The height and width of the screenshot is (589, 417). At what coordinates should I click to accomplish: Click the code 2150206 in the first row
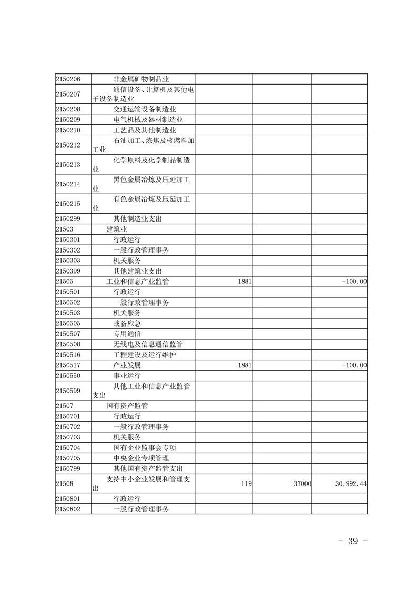coord(68,79)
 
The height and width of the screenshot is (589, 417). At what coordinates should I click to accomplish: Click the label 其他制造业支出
coord(137,219)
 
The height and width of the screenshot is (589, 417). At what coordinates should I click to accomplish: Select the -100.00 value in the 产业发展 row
coord(354,365)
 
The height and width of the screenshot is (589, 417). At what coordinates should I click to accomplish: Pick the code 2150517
coord(68,365)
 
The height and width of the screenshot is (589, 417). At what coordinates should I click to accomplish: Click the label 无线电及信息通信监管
coord(148,344)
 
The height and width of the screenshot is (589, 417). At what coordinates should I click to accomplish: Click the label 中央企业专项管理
coord(141,458)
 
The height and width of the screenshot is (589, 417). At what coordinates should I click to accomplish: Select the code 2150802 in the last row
coord(68,509)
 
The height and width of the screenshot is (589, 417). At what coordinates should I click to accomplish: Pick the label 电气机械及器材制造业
coord(148,120)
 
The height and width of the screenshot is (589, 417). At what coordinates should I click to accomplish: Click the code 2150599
coord(68,391)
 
